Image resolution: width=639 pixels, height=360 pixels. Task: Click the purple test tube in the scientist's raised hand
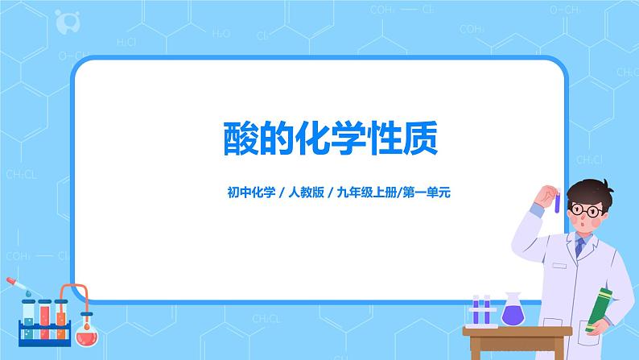tap(556, 199)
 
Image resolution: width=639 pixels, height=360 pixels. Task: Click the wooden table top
tap(515, 329)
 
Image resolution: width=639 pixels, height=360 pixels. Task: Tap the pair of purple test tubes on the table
tap(481, 310)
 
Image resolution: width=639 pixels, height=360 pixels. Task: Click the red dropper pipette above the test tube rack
tap(18, 287)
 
